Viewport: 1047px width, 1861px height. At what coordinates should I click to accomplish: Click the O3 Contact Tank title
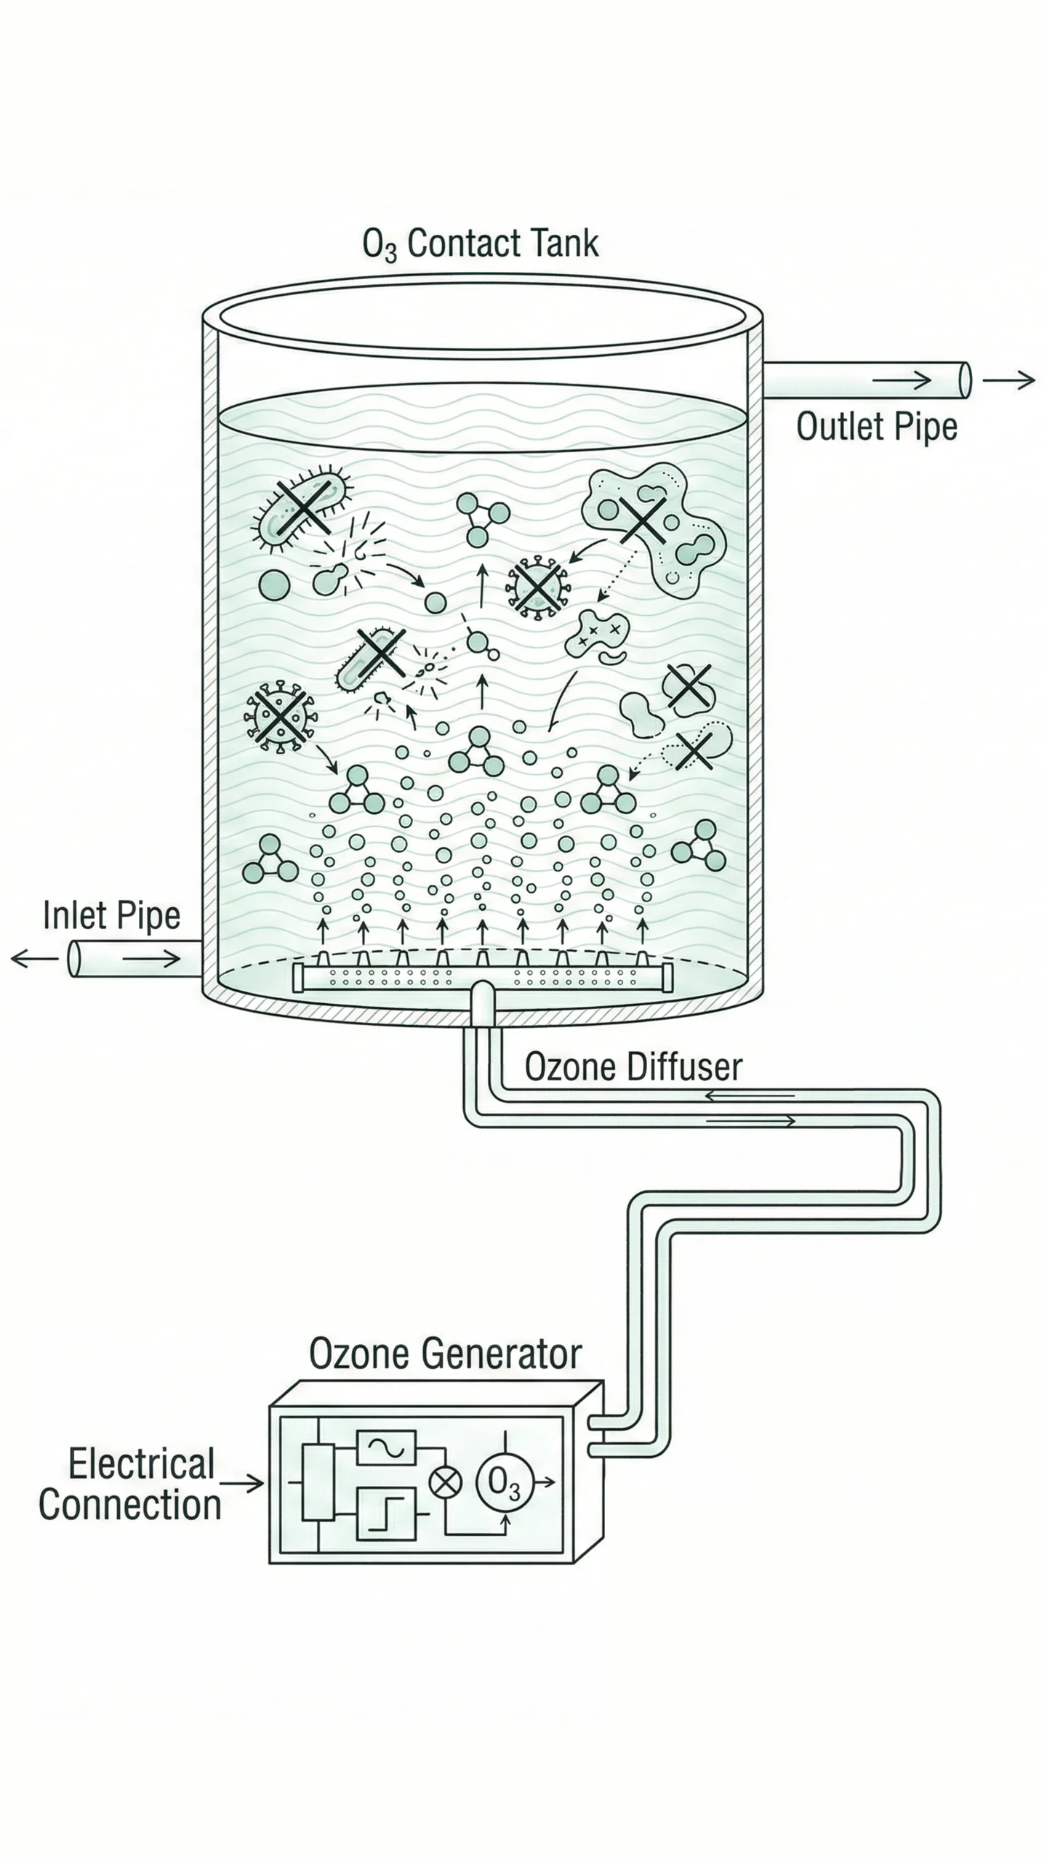click(481, 244)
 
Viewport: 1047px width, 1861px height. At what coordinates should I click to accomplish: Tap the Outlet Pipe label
click(876, 427)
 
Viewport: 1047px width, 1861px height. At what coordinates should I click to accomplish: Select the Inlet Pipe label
click(111, 915)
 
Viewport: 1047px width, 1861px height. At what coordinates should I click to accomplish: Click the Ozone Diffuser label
click(633, 1067)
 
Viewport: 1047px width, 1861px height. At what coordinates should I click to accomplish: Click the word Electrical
click(141, 1464)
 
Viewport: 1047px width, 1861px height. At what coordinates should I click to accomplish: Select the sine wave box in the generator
click(385, 1448)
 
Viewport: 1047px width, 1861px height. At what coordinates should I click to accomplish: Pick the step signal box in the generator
click(385, 1514)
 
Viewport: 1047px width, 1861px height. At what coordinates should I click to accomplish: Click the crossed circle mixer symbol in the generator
click(445, 1482)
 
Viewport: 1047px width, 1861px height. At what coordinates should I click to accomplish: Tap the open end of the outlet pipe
click(965, 379)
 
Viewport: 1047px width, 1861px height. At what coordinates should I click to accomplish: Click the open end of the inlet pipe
click(73, 959)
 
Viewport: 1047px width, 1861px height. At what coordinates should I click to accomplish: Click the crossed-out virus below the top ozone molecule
click(537, 587)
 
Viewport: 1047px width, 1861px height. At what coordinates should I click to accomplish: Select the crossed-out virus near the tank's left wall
click(280, 715)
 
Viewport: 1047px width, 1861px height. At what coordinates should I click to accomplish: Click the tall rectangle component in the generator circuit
click(318, 1482)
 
